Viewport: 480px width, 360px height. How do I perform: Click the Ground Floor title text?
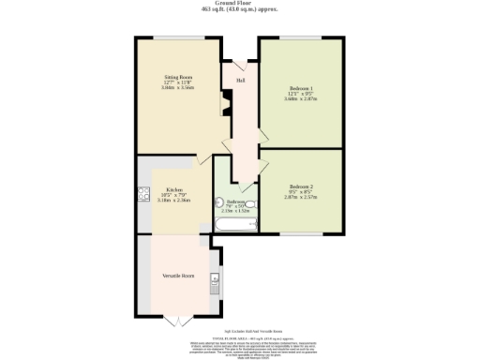pyautogui.click(x=240, y=4)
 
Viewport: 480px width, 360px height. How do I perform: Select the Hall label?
pyautogui.click(x=241, y=81)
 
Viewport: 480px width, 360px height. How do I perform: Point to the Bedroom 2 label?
pyautogui.click(x=301, y=187)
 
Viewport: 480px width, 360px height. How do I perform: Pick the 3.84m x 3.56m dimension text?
pyautogui.click(x=178, y=86)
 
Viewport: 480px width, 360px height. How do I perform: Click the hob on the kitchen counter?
pyautogui.click(x=143, y=195)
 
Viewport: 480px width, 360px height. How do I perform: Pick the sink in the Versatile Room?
pyautogui.click(x=216, y=278)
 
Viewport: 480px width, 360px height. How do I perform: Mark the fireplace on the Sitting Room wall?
pyautogui.click(x=223, y=100)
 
